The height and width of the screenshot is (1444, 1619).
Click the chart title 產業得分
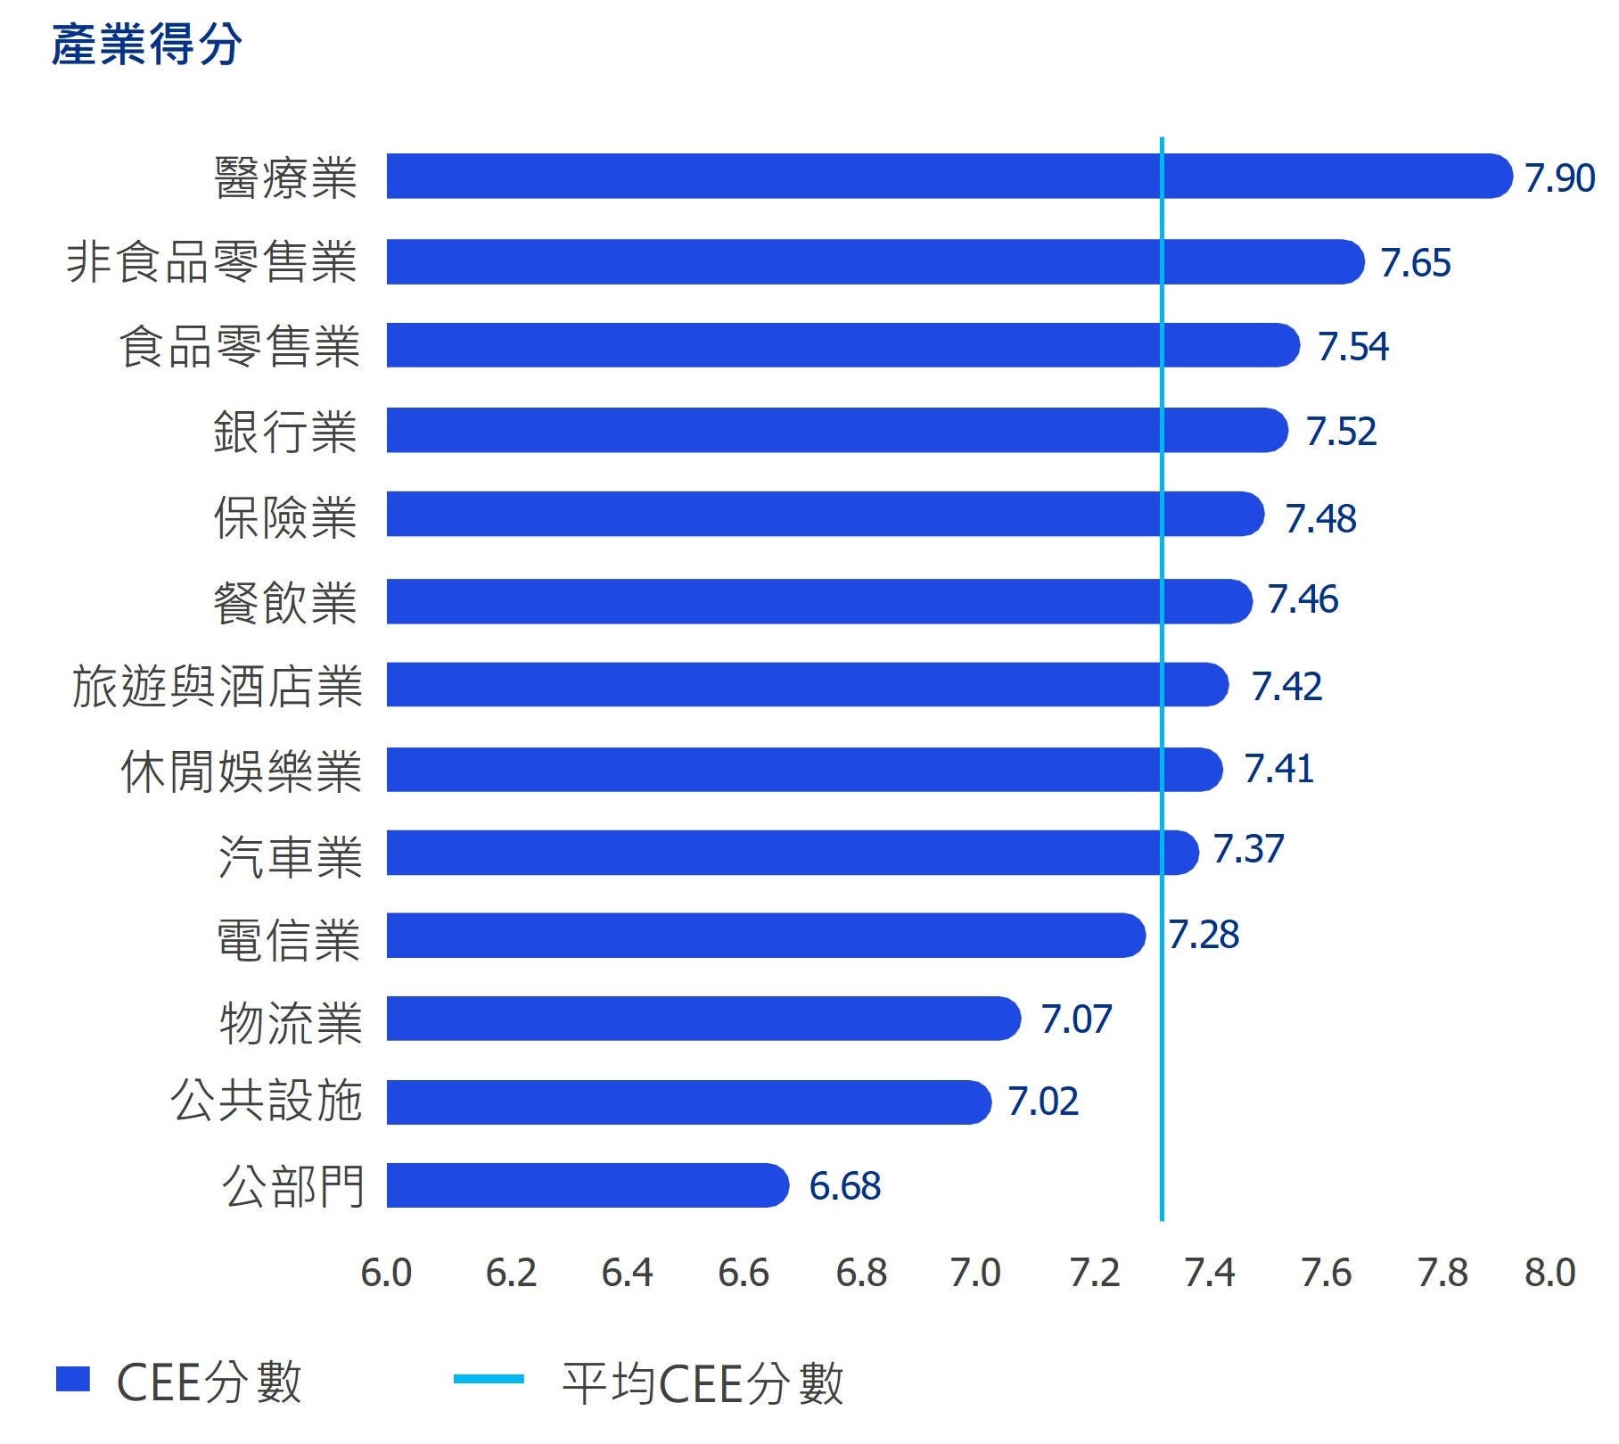point(147,45)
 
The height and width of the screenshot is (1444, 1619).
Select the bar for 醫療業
point(945,176)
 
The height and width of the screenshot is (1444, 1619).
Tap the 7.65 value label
point(1415,263)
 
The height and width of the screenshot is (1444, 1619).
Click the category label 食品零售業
point(239,347)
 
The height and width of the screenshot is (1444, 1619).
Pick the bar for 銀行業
point(835,431)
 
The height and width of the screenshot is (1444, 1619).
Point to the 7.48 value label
point(1320,518)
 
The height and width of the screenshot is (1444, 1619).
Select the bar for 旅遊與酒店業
point(806,685)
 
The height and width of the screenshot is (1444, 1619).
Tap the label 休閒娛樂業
point(241,772)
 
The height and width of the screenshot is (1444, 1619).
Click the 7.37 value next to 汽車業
point(1248,848)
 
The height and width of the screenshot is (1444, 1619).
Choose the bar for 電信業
point(764,936)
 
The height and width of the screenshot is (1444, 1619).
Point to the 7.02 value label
point(1043,1102)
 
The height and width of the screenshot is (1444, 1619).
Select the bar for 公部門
point(587,1185)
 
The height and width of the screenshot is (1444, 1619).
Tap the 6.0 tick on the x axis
point(386,1273)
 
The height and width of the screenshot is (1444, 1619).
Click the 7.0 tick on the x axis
point(975,1273)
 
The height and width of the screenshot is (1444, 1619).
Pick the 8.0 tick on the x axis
point(1550,1273)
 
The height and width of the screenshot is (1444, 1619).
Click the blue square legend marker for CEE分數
point(73,1379)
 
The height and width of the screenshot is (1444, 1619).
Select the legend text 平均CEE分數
point(703,1383)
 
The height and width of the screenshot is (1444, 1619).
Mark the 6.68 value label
point(844,1186)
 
